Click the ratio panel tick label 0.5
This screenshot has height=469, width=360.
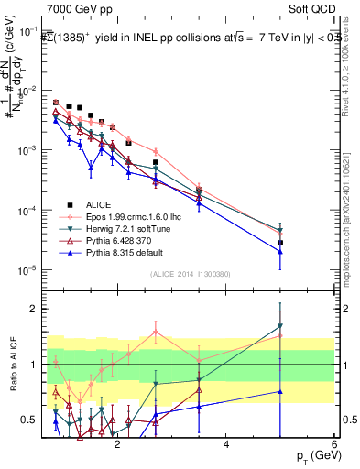pyautogui.click(x=29, y=420)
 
